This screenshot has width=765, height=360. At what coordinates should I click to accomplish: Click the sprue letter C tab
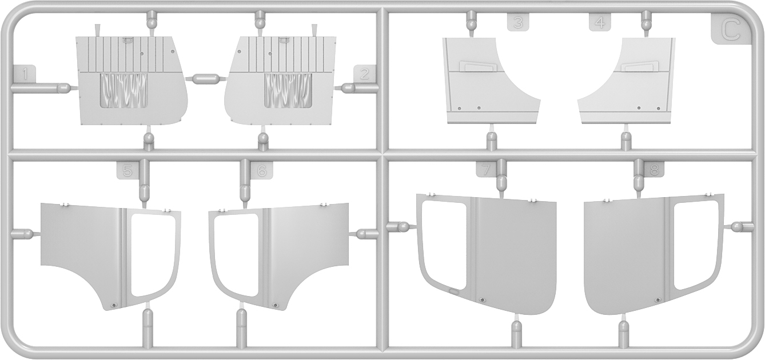click(731, 29)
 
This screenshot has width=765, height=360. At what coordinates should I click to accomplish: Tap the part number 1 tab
click(24, 73)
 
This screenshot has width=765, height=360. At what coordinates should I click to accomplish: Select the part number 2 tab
click(364, 73)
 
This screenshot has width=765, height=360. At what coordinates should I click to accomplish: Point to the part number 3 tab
click(518, 22)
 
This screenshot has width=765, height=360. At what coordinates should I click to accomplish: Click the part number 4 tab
click(600, 22)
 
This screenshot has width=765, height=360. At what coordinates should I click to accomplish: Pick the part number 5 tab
click(127, 170)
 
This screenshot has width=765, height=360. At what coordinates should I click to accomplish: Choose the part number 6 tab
click(262, 170)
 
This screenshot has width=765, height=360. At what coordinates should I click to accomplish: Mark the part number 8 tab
click(654, 169)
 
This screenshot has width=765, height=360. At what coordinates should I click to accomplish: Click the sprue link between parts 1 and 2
click(206, 78)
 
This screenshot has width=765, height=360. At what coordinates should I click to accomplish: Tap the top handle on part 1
click(127, 40)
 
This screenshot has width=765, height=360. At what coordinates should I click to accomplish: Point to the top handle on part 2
click(284, 40)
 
